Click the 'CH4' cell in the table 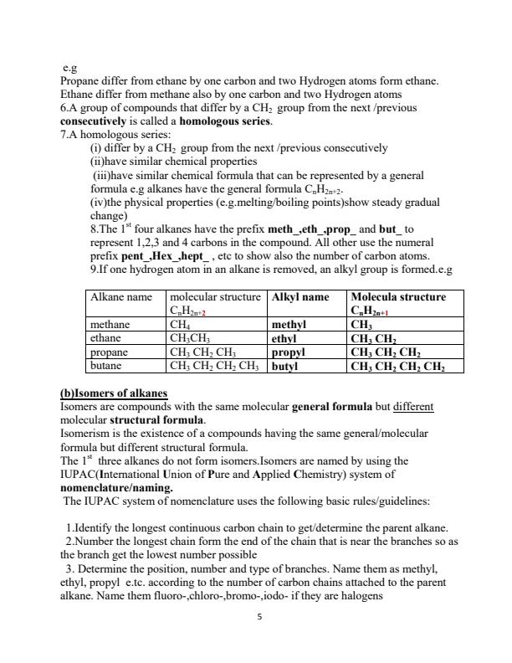click(180, 325)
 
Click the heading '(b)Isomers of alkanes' click(114, 393)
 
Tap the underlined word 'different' click(414, 406)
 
